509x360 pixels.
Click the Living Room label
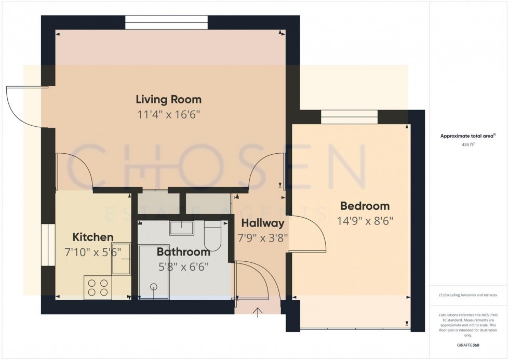coord(168,99)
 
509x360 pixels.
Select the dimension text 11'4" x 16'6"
coord(168,114)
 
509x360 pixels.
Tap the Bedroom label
coord(365,206)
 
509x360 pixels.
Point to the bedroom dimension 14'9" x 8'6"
coord(365,220)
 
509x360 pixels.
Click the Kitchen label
coord(92,237)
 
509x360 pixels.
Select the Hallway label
coord(262,223)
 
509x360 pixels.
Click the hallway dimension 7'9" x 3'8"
coord(262,238)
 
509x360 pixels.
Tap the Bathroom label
coord(183,252)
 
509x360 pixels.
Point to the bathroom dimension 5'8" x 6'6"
coord(183,267)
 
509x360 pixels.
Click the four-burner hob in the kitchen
coord(97,287)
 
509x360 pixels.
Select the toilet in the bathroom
coord(213,235)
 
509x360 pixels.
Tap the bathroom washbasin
coord(181,228)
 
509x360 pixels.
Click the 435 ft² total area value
coord(465,145)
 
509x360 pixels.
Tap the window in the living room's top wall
coord(166,22)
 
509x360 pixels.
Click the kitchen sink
coord(120,258)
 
